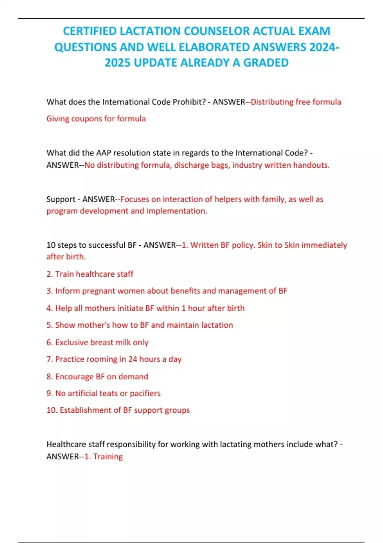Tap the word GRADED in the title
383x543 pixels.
(x=266, y=63)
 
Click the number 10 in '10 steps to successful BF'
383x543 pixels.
(x=51, y=245)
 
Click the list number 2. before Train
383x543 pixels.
(x=49, y=274)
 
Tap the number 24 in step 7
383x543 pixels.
(x=132, y=359)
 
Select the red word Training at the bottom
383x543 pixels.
(x=108, y=457)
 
